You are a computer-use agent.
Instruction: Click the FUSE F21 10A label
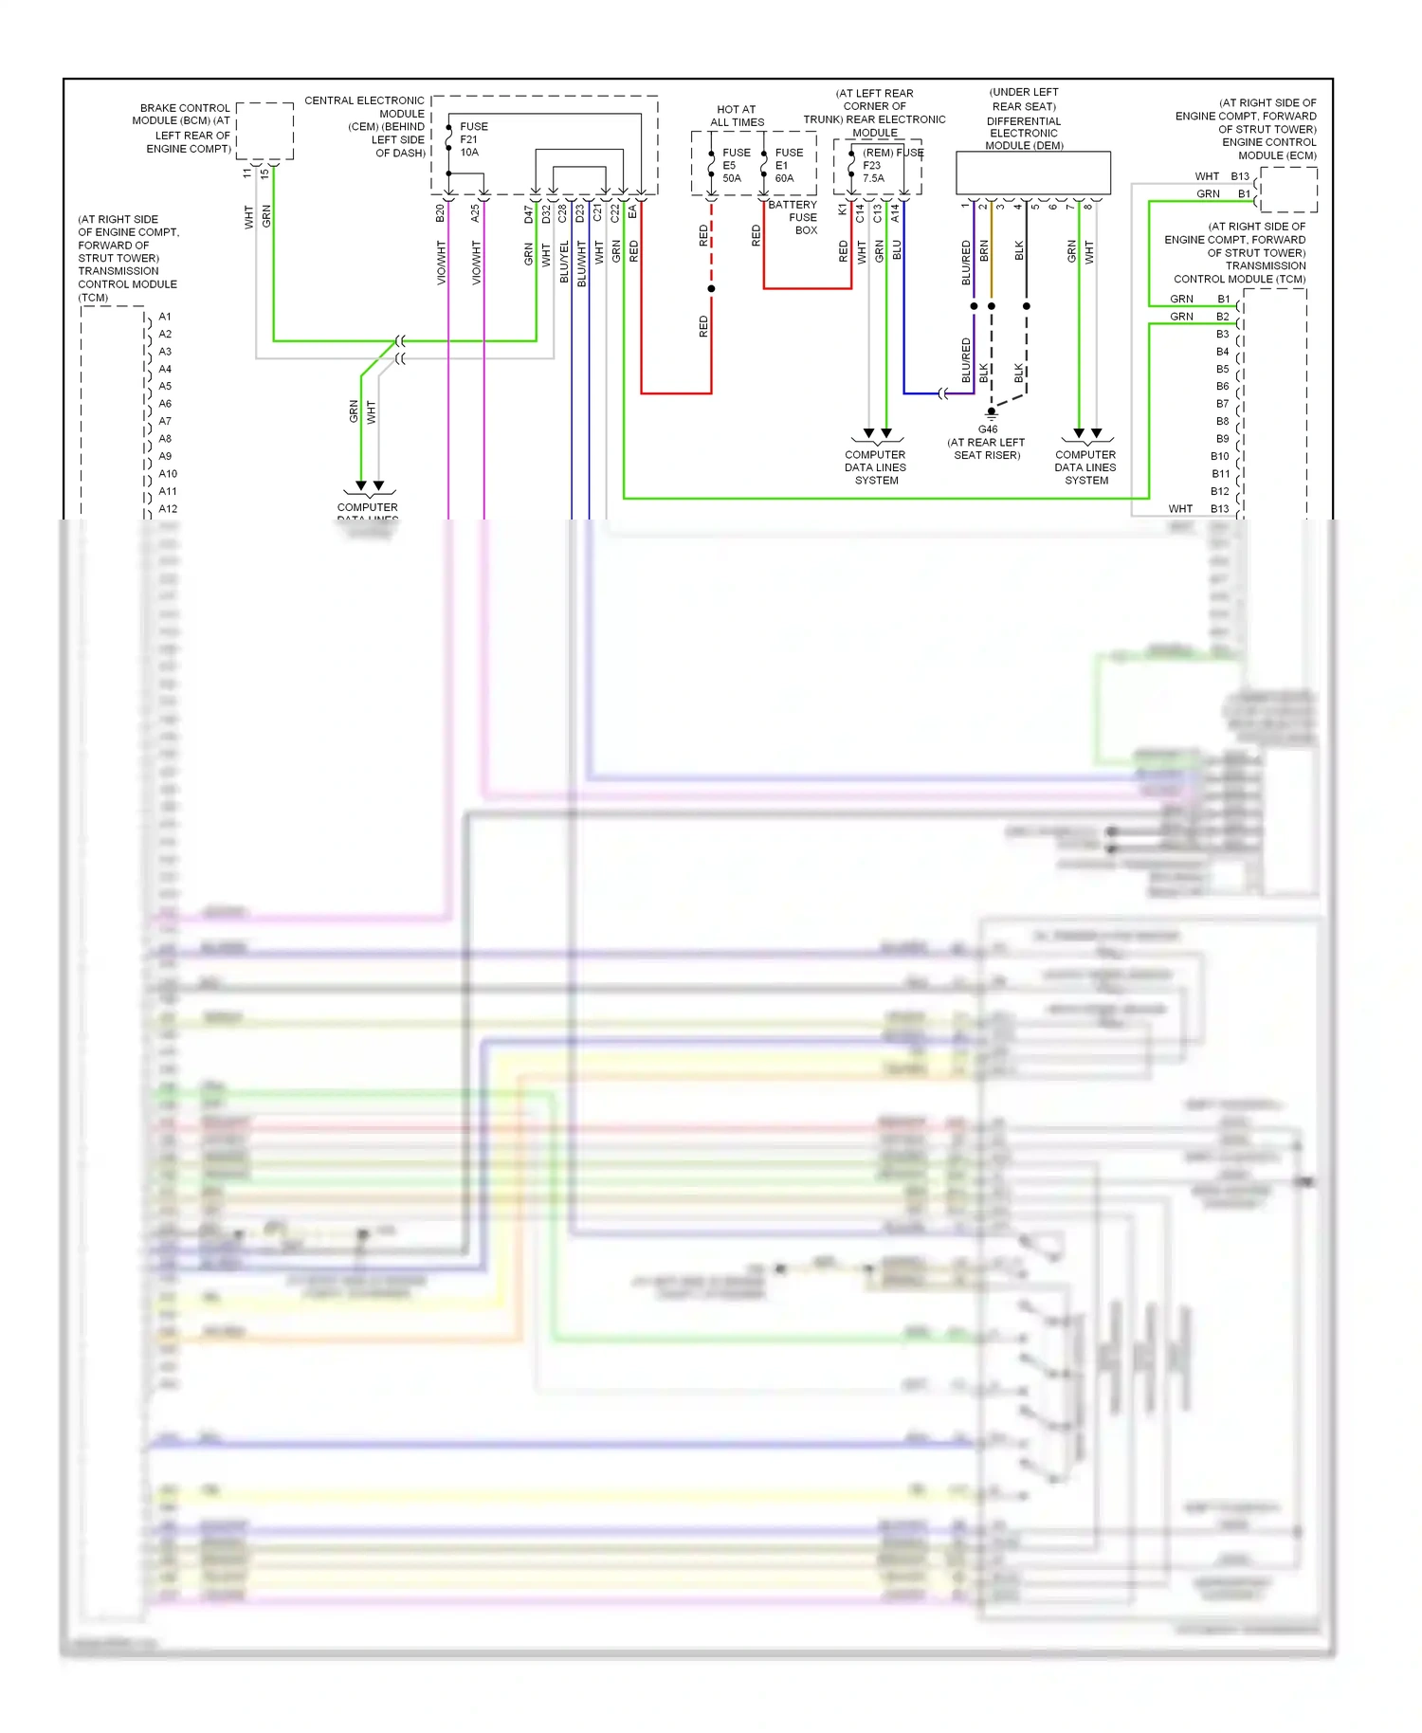pyautogui.click(x=473, y=139)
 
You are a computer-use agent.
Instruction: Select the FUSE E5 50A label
pyautogui.click(x=735, y=165)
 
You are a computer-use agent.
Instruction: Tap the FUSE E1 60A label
pyautogui.click(x=788, y=165)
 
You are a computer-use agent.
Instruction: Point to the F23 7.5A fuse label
pyautogui.click(x=873, y=172)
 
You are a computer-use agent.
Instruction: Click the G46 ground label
pyautogui.click(x=988, y=429)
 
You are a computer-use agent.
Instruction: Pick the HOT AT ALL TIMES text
pyautogui.click(x=737, y=116)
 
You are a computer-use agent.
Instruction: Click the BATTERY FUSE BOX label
pyautogui.click(x=793, y=217)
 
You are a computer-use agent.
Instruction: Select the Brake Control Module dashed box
pyautogui.click(x=264, y=131)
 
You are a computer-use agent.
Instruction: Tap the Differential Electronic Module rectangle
pyautogui.click(x=1032, y=173)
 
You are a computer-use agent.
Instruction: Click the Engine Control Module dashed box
pyautogui.click(x=1288, y=190)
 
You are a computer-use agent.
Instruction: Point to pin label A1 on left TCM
pyautogui.click(x=165, y=317)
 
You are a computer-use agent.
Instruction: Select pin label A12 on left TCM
pyautogui.click(x=168, y=509)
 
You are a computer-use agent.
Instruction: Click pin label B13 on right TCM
pyautogui.click(x=1219, y=509)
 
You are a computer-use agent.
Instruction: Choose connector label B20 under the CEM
pyautogui.click(x=440, y=213)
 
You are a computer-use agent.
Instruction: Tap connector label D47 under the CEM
pyautogui.click(x=529, y=214)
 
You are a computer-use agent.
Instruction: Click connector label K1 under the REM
pyautogui.click(x=842, y=210)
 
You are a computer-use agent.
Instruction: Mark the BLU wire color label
pyautogui.click(x=897, y=250)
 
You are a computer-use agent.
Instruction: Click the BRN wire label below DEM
pyautogui.click(x=984, y=251)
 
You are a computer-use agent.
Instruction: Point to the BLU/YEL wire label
pyautogui.click(x=565, y=262)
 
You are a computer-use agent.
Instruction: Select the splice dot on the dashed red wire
pyautogui.click(x=711, y=288)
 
